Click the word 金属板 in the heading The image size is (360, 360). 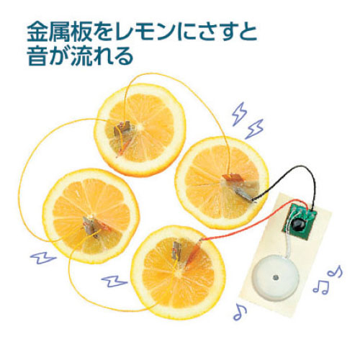(x=60, y=32)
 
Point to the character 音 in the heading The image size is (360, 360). (x=37, y=56)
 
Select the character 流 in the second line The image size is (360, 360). (x=81, y=56)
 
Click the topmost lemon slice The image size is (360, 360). (x=140, y=130)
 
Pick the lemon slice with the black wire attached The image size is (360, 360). (x=222, y=183)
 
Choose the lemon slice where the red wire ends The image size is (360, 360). (x=178, y=272)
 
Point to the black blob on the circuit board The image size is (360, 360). (x=298, y=225)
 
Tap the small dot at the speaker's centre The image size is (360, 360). (x=275, y=278)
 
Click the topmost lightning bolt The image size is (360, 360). (x=239, y=114)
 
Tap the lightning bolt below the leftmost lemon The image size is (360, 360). (x=43, y=258)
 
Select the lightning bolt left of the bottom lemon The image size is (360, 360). (x=114, y=282)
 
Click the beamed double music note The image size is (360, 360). (x=321, y=287)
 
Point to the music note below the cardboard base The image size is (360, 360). (x=240, y=312)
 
